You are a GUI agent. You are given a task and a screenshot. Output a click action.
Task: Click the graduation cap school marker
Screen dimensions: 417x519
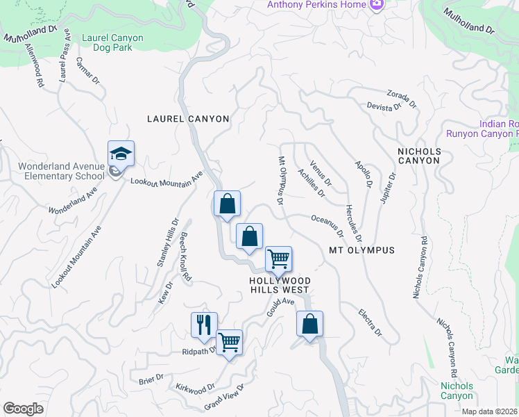[x=121, y=154]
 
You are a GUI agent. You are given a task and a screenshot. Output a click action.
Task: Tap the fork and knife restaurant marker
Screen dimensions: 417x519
[x=204, y=325]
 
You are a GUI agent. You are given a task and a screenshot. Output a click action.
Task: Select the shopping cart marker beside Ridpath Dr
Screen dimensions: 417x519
[x=229, y=342]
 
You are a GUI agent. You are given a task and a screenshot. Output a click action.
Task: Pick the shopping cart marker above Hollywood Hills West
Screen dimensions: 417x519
[x=278, y=259]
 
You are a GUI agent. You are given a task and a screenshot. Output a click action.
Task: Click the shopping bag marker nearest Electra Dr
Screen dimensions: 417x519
[x=309, y=324]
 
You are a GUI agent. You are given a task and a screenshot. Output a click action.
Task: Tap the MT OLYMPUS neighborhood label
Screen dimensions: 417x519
[x=361, y=250]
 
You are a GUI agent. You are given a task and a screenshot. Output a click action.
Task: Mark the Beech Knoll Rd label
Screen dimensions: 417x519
[x=185, y=257]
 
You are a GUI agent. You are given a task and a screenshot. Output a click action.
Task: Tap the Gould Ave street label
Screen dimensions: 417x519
[x=281, y=308]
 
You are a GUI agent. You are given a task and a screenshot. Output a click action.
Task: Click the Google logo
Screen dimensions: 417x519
[x=23, y=409]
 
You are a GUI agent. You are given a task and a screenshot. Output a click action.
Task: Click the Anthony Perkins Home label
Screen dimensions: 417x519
[x=316, y=6]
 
